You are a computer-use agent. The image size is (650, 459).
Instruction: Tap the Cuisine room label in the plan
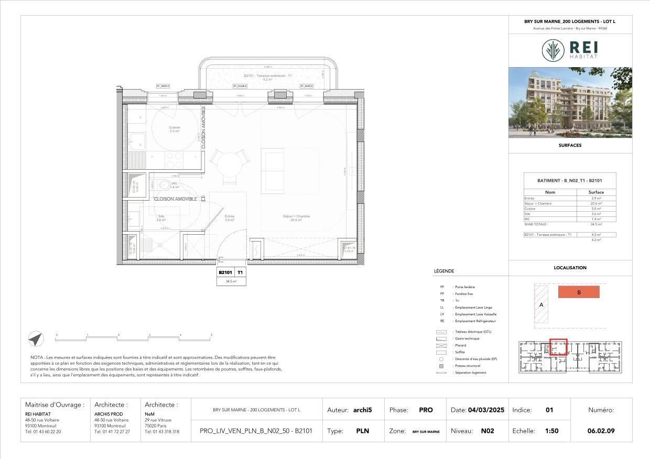coord(175,128)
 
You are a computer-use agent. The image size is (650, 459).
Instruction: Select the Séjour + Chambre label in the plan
coord(296,216)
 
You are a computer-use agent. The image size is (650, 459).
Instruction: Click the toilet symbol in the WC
coord(163,184)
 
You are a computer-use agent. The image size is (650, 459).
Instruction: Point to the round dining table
coord(229,163)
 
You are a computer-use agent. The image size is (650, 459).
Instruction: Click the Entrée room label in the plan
coord(230,216)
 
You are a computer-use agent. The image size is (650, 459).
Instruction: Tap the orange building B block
coord(579,292)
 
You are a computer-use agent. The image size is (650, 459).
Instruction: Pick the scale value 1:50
coord(551,431)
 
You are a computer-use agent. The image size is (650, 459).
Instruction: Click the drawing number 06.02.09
coord(601,431)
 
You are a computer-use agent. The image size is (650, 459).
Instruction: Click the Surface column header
coord(596,192)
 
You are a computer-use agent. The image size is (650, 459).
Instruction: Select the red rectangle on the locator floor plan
coord(558,347)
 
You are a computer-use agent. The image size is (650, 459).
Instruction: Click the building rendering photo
coord(570,102)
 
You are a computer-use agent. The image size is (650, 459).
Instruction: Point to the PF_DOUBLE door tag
coord(240,86)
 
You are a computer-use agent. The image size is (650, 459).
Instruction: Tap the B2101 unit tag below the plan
coord(225,272)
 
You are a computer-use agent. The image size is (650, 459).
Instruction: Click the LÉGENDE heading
coord(444,271)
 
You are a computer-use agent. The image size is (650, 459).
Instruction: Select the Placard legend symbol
coord(441,346)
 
